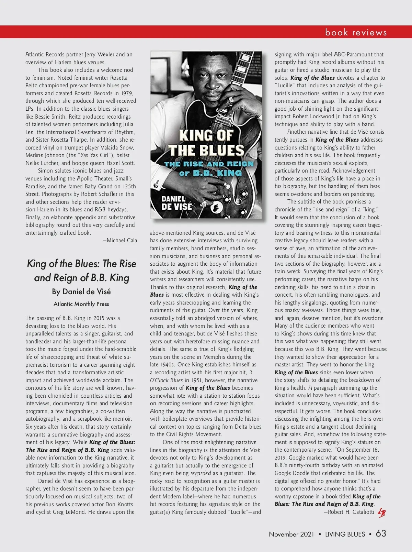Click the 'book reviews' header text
[x=356, y=33]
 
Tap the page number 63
[x=381, y=533]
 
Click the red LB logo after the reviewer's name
[x=381, y=512]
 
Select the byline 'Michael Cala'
[x=120, y=240]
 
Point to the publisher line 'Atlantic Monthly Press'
[x=81, y=304]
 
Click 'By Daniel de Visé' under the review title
[x=81, y=291]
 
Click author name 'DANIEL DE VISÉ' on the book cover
[x=176, y=203]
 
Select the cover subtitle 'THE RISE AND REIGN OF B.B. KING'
[x=206, y=168]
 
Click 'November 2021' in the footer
[x=291, y=534]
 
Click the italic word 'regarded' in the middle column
[x=201, y=473]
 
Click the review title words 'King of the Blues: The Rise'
[x=81, y=264]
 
